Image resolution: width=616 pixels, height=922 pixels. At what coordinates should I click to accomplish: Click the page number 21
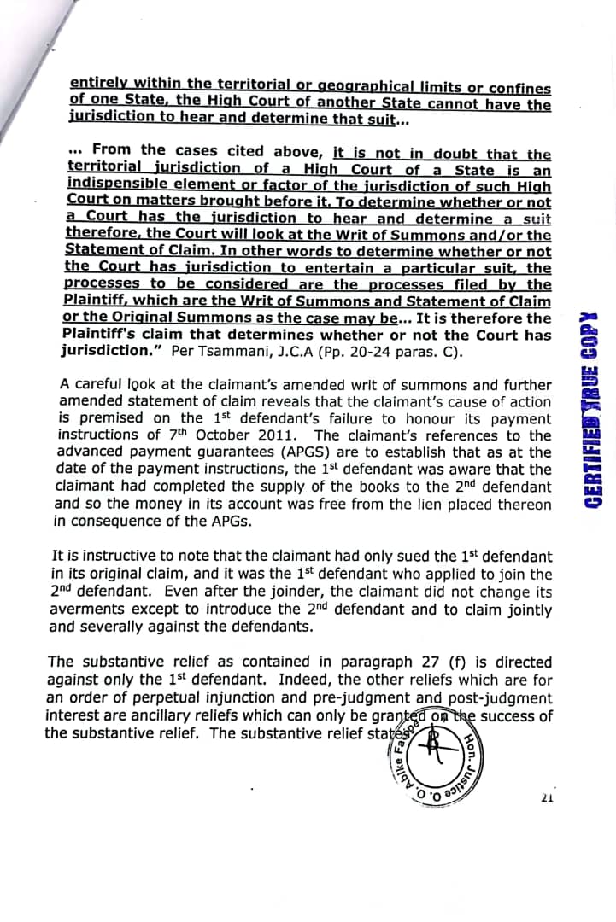[548, 798]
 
